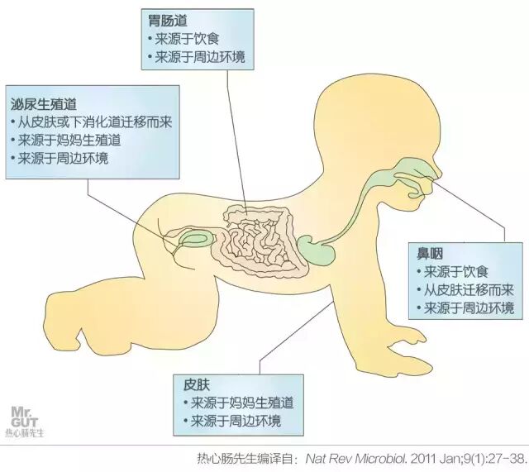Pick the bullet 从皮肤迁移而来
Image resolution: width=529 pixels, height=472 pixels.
point(465,289)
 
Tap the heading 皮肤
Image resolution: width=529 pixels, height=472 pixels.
point(195,385)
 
